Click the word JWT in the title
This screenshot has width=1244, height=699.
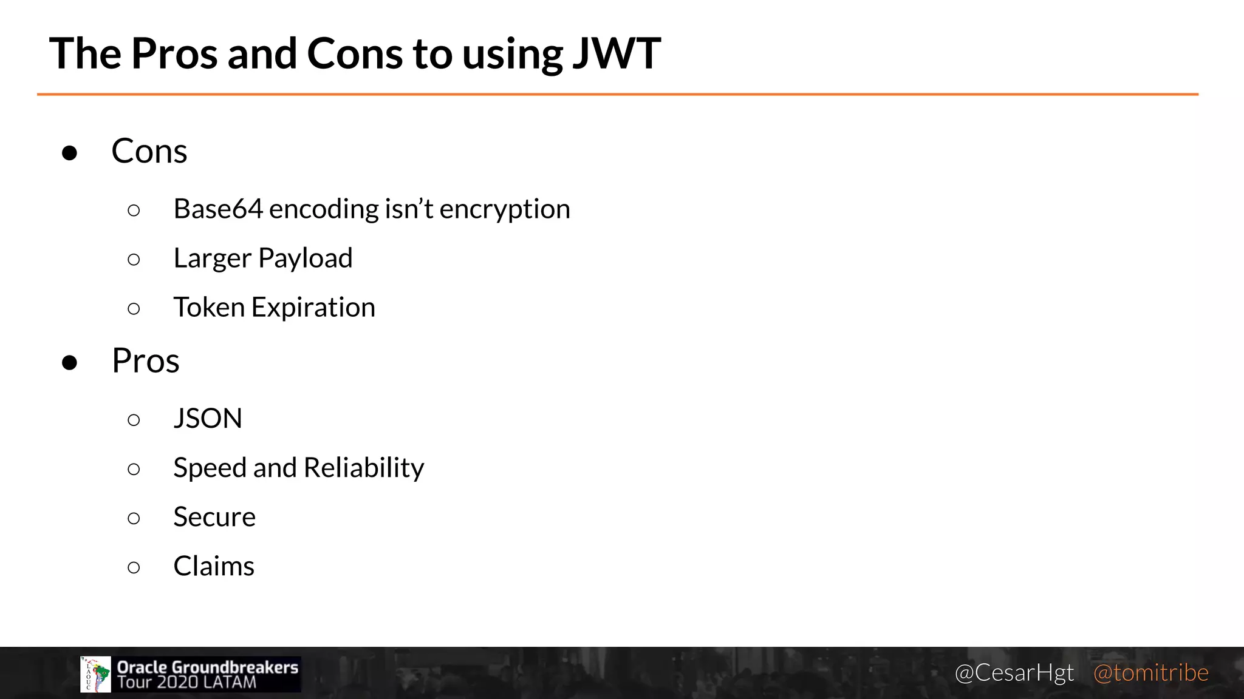[616, 53]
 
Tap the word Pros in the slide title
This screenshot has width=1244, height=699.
[174, 53]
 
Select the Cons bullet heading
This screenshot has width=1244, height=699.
[149, 151]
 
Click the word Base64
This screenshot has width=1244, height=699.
[217, 209]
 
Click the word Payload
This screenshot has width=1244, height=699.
[305, 258]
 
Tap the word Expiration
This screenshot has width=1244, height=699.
[313, 308]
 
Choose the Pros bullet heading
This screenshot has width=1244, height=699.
[146, 361]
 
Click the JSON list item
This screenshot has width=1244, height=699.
[208, 419]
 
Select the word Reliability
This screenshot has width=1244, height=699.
[363, 468]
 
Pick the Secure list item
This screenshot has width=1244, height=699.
[214, 517]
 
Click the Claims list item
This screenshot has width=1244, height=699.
[214, 566]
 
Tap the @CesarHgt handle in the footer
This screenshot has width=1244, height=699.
[1014, 673]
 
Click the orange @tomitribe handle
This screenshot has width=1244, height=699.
[1150, 673]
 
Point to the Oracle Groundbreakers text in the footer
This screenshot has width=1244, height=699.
[208, 667]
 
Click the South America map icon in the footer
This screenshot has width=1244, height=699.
[96, 674]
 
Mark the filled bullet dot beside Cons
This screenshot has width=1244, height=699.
[70, 153]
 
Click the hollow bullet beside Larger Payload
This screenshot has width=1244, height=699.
[134, 260]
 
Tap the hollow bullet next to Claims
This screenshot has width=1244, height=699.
[134, 567]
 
